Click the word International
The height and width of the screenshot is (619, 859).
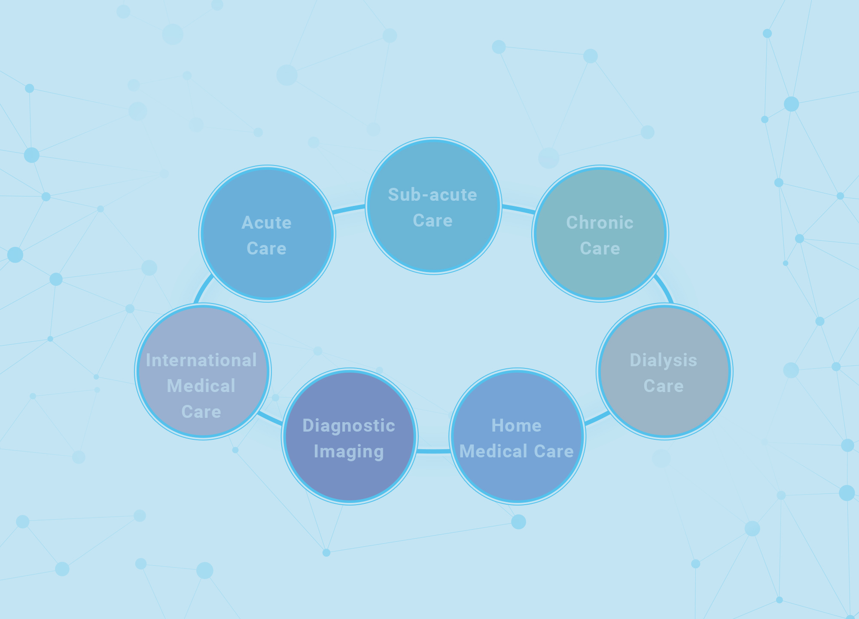tap(201, 360)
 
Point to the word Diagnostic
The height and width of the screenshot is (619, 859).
tap(348, 426)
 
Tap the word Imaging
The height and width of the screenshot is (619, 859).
tap(348, 451)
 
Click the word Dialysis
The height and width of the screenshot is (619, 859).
tap(663, 360)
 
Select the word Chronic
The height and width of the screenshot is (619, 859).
tap(600, 223)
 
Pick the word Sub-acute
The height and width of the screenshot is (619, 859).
tap(433, 195)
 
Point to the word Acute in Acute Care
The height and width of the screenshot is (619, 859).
tap(266, 223)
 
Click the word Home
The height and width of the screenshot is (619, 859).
tap(516, 426)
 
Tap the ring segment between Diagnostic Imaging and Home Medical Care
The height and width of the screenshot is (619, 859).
tap(433, 451)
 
